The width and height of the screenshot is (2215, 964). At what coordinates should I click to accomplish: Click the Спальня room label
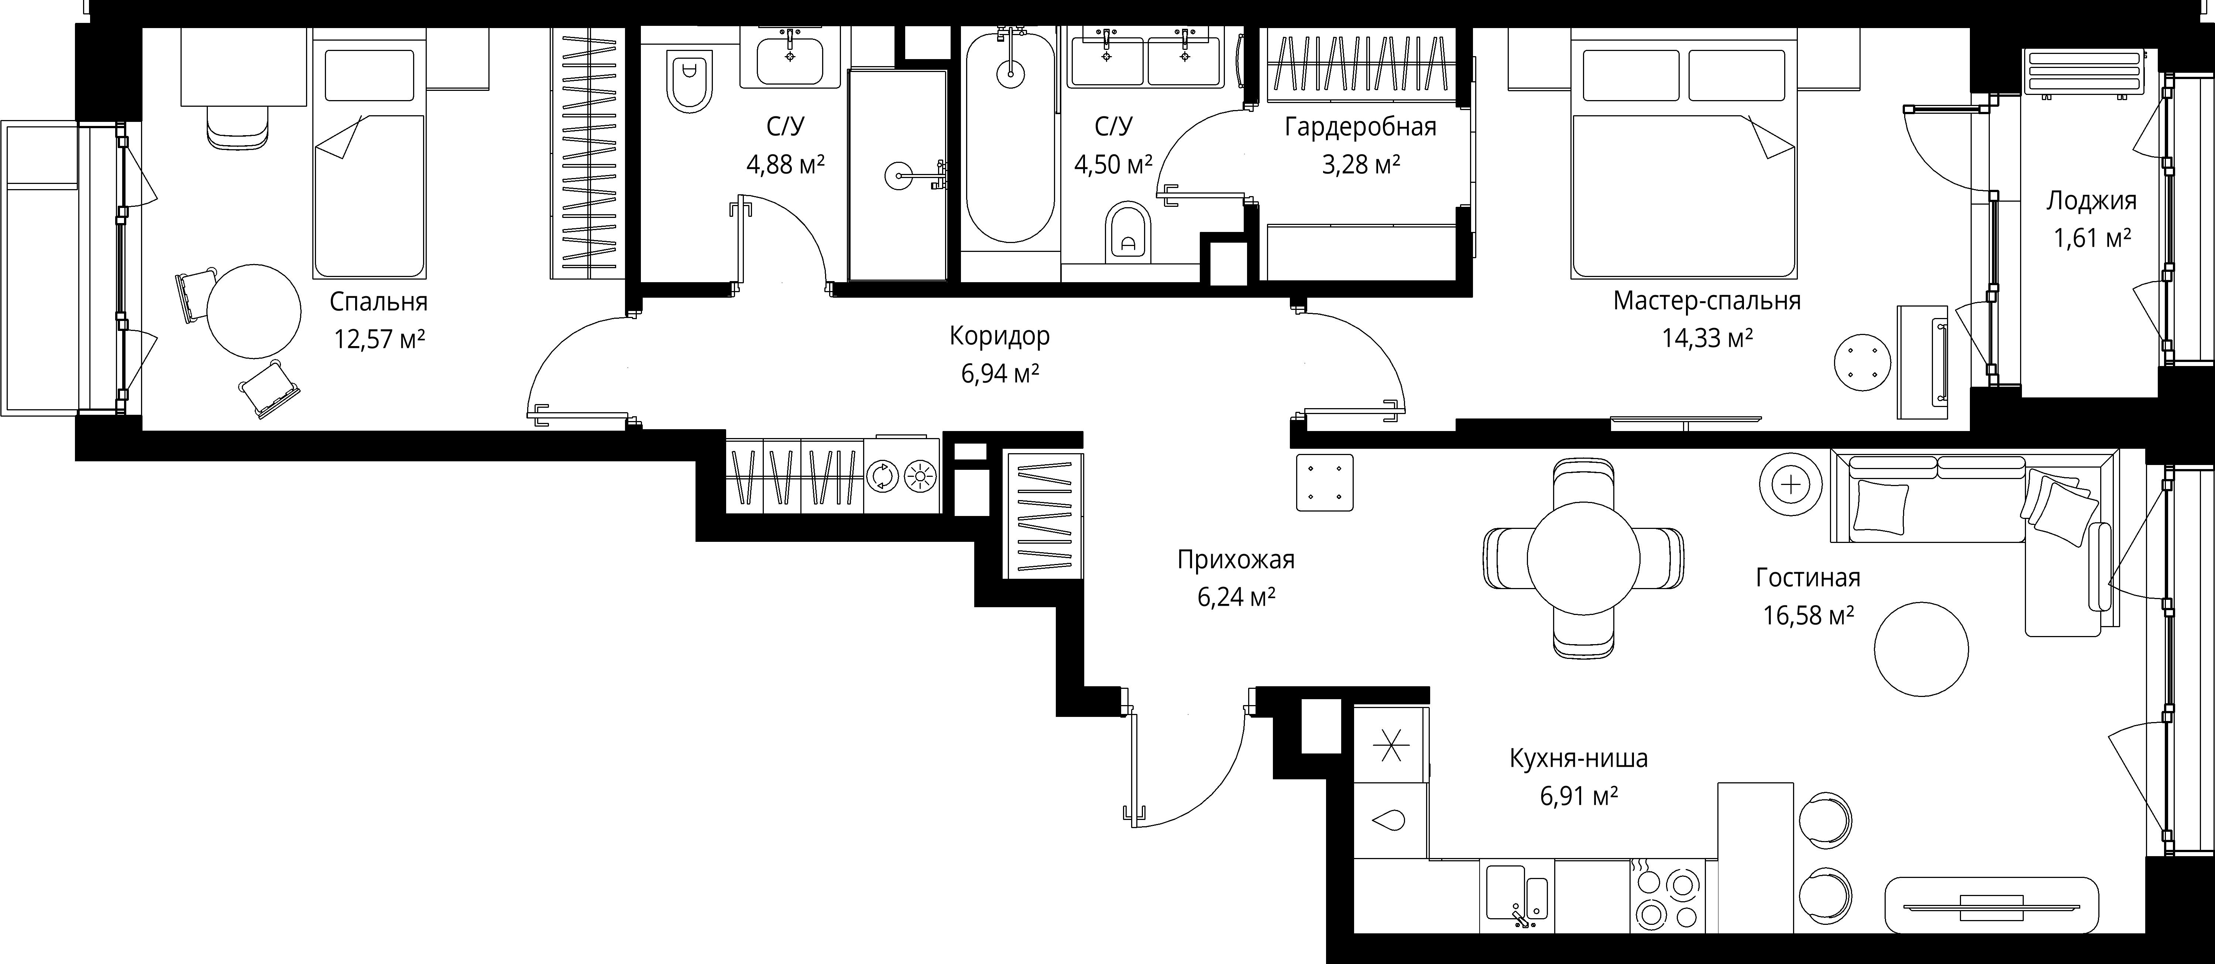(378, 303)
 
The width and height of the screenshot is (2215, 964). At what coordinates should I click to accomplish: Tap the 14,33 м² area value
(1707, 338)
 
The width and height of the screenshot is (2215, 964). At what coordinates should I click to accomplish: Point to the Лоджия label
(2091, 201)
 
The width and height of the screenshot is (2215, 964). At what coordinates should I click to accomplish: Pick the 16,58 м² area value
(1808, 615)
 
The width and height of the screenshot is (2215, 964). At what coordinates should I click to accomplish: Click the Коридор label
(999, 336)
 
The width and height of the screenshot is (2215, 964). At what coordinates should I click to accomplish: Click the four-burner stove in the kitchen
(1667, 896)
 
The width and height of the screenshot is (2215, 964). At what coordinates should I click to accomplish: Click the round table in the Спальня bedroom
(254, 311)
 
